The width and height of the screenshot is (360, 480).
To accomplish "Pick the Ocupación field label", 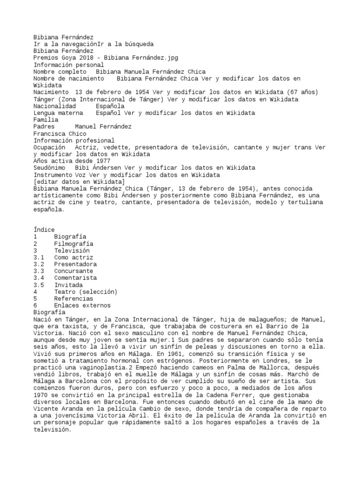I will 50,147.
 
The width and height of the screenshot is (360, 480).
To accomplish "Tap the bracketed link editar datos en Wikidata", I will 79,181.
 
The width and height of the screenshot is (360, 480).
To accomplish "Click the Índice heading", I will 44,230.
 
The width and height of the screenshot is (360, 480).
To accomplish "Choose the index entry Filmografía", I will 74,244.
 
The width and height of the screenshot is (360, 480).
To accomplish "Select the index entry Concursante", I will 74,271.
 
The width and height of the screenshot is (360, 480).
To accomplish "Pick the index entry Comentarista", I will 75,278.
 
